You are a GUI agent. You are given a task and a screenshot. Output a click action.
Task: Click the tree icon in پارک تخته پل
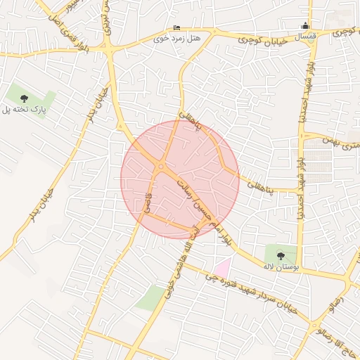[x=25, y=98]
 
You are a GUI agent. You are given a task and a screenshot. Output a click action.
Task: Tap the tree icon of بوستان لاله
[x=281, y=255]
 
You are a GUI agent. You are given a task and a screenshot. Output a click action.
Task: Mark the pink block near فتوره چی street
[x=222, y=267]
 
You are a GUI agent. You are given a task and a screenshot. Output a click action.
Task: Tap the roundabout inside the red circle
[x=161, y=167]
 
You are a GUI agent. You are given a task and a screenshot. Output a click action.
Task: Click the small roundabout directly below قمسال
[x=309, y=53]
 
